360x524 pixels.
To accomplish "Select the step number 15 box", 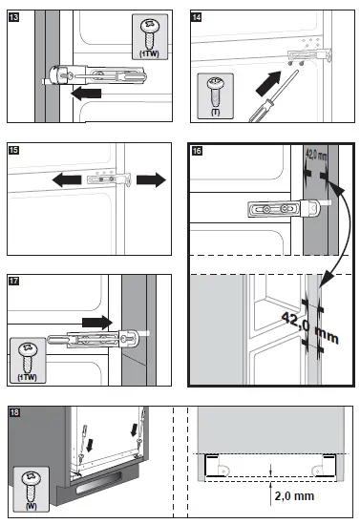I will (13, 150).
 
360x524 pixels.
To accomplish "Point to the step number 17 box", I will (13, 282).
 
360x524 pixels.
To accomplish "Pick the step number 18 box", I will (13, 412).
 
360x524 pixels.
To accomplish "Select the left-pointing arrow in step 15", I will (64, 178).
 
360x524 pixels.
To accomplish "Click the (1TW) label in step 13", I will (149, 55).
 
